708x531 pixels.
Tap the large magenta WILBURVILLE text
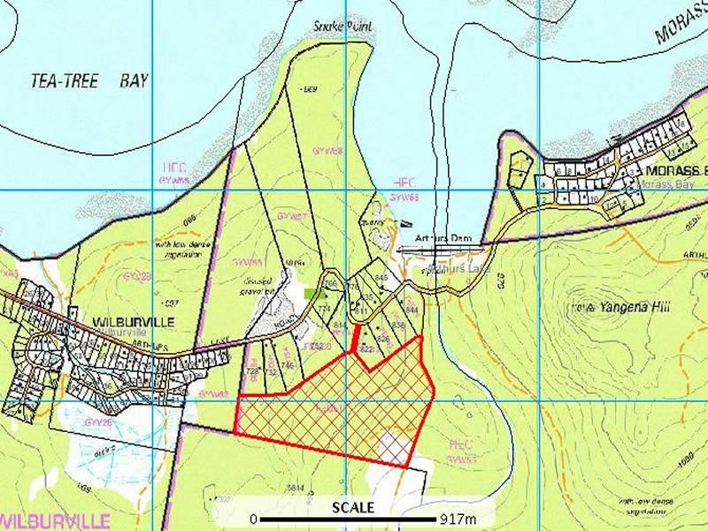coord(55,519)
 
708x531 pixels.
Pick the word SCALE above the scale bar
coord(353,507)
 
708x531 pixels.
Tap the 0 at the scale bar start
coord(254,519)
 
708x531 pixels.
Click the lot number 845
coord(382,278)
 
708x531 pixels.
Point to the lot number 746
coord(287,365)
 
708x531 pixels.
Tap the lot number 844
coord(410,310)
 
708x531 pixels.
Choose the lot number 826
coord(383,339)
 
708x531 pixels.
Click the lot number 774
coord(324,308)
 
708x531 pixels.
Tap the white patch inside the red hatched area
coord(392,448)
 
